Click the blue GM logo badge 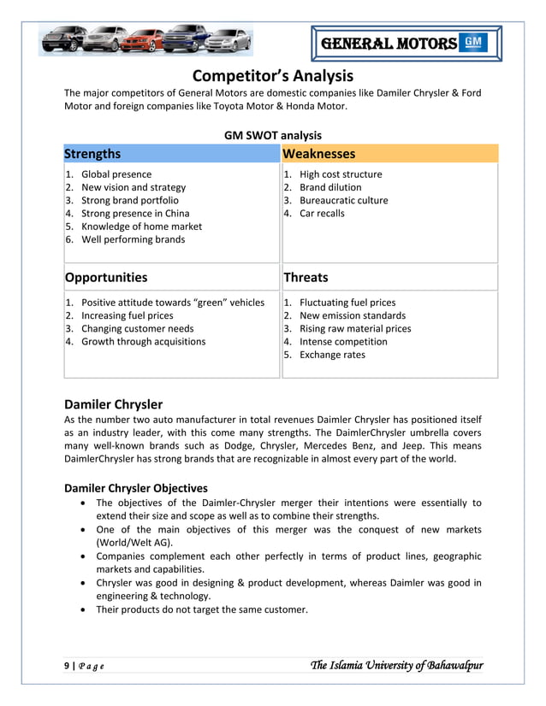tap(473, 43)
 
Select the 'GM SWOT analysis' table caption tap(272, 135)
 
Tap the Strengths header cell tap(93, 154)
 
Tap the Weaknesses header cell tap(318, 154)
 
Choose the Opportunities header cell tap(106, 277)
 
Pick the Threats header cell tap(306, 277)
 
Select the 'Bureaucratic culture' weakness tap(343, 201)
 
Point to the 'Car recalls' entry tap(322, 214)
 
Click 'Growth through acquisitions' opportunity tap(143, 342)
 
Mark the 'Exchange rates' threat tap(332, 355)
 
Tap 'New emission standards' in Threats tap(353, 315)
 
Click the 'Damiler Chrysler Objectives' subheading tap(136, 488)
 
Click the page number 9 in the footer tap(68, 666)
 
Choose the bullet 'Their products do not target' tap(201, 609)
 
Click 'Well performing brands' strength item tap(133, 239)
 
